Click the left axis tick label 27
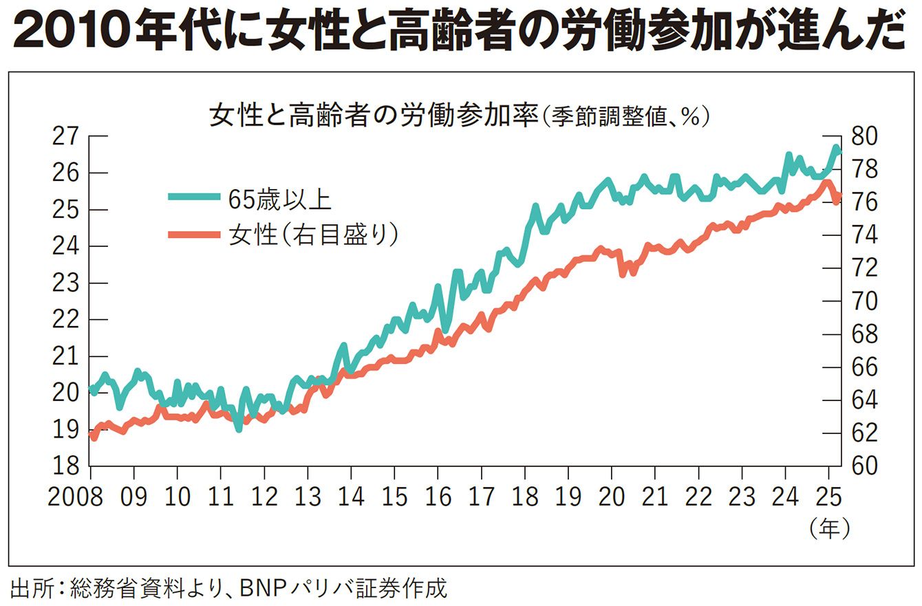[x=66, y=136]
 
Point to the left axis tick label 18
[x=66, y=466]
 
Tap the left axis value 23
[x=66, y=283]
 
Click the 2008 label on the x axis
[x=76, y=497]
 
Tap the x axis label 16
[x=438, y=497]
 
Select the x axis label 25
[x=828, y=497]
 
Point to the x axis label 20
[x=612, y=497]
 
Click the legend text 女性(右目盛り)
[x=314, y=235]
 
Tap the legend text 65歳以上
[x=280, y=198]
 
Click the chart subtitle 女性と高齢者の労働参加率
[x=372, y=116]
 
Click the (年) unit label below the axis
[x=829, y=528]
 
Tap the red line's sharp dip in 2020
[x=623, y=273]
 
